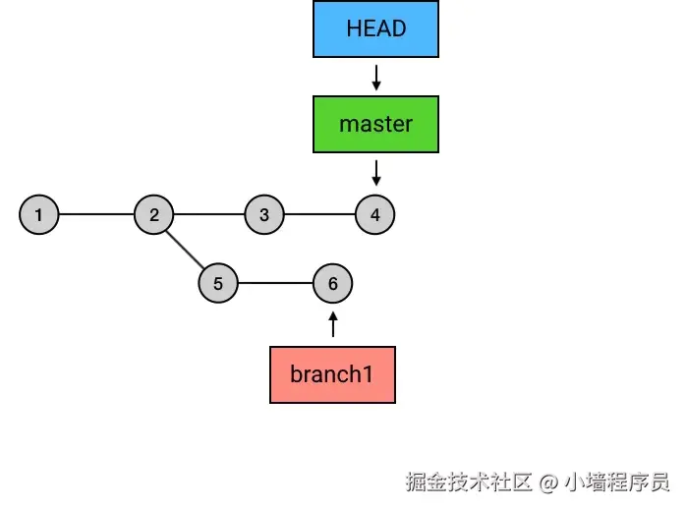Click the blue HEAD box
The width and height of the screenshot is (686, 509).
click(x=375, y=28)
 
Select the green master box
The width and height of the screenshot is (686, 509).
click(x=375, y=124)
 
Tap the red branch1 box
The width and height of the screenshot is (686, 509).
click(x=332, y=374)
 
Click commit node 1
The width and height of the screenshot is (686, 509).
click(x=38, y=214)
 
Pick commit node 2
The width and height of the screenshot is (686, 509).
click(x=154, y=214)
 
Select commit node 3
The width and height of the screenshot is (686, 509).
click(x=263, y=214)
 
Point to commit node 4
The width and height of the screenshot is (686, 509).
click(x=375, y=214)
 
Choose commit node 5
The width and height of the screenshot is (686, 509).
click(x=218, y=284)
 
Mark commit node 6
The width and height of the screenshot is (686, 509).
click(x=332, y=284)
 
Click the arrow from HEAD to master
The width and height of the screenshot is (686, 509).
click(x=375, y=77)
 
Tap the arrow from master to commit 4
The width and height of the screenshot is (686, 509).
click(x=375, y=173)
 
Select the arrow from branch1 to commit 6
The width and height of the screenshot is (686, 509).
click(x=332, y=324)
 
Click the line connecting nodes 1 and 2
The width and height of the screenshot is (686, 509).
click(x=96, y=214)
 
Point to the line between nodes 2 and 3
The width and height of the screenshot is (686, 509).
click(x=208, y=214)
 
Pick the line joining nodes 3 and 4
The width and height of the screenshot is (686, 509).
click(x=319, y=214)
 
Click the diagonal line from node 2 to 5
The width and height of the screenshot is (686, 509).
click(x=186, y=249)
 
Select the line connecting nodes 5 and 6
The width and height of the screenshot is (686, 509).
click(x=275, y=284)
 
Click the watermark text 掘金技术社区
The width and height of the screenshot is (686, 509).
click(x=469, y=482)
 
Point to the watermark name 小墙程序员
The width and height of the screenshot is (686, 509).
click(x=617, y=482)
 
